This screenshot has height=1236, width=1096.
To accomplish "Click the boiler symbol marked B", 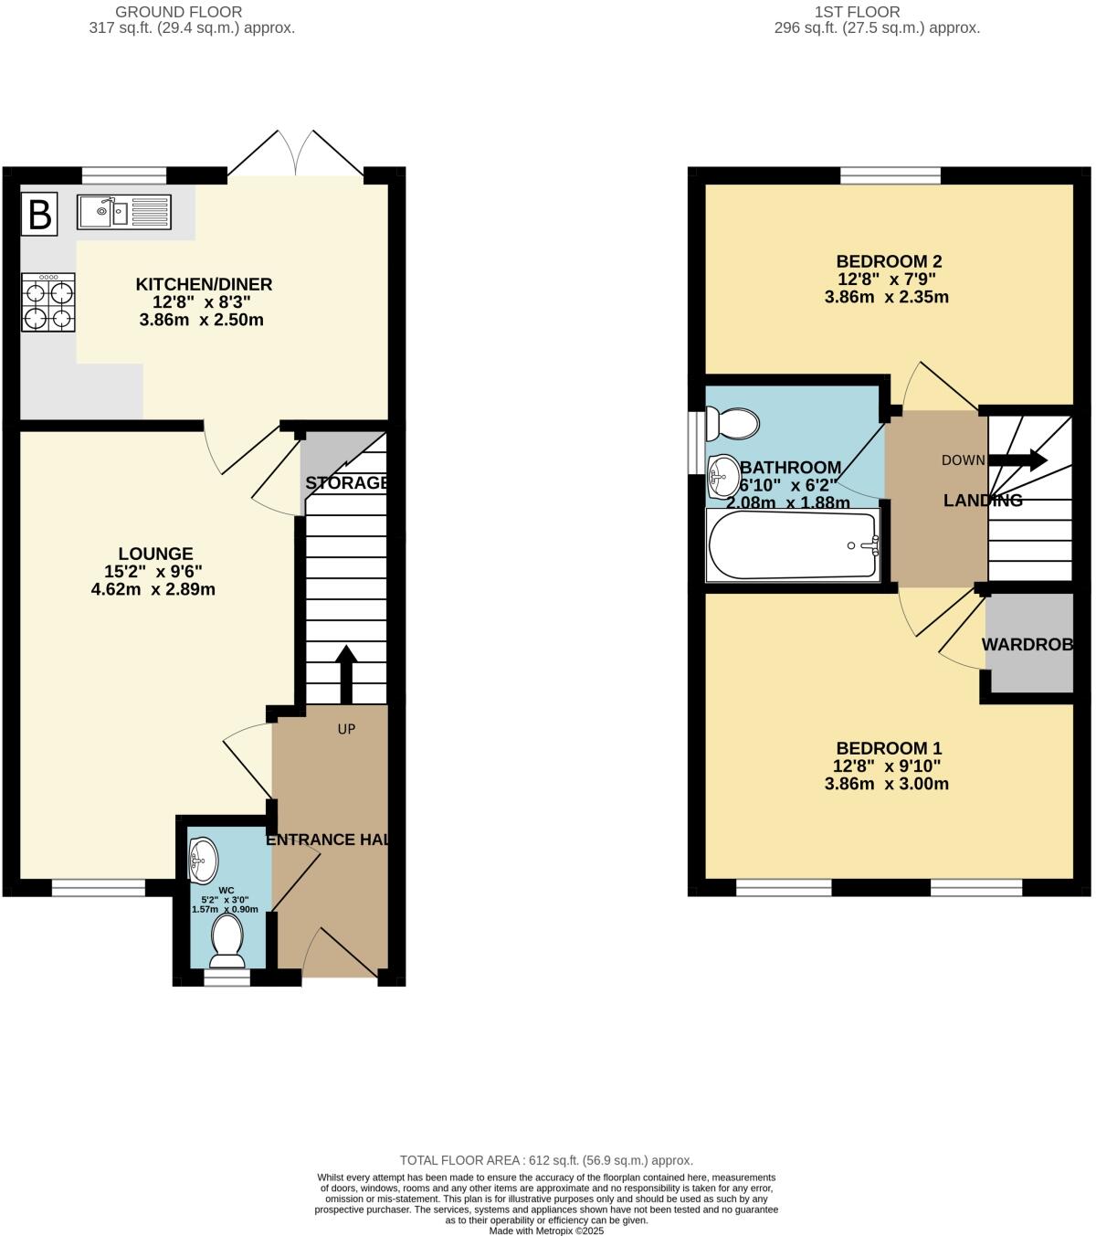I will pyautogui.click(x=39, y=213).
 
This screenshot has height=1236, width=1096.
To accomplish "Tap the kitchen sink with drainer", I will pyautogui.click(x=123, y=212).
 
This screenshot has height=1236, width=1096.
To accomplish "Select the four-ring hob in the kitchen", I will pyautogui.click(x=48, y=304).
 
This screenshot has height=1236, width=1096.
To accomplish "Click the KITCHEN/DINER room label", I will pyautogui.click(x=204, y=284).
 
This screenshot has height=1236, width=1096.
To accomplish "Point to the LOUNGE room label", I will pyautogui.click(x=155, y=554).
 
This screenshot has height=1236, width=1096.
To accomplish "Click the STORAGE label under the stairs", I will pyautogui.click(x=346, y=482).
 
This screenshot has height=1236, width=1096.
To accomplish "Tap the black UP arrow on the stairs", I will pyautogui.click(x=346, y=674).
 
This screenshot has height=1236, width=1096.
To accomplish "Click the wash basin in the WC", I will pyautogui.click(x=202, y=859).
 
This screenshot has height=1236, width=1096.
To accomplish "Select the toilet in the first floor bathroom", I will pyautogui.click(x=735, y=424).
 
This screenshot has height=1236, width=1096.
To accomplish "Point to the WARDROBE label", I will pyautogui.click(x=1027, y=644).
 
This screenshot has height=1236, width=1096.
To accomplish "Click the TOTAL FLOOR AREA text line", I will pyautogui.click(x=546, y=1160).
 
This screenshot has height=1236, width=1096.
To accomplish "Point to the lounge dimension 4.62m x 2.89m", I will pyautogui.click(x=153, y=589).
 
